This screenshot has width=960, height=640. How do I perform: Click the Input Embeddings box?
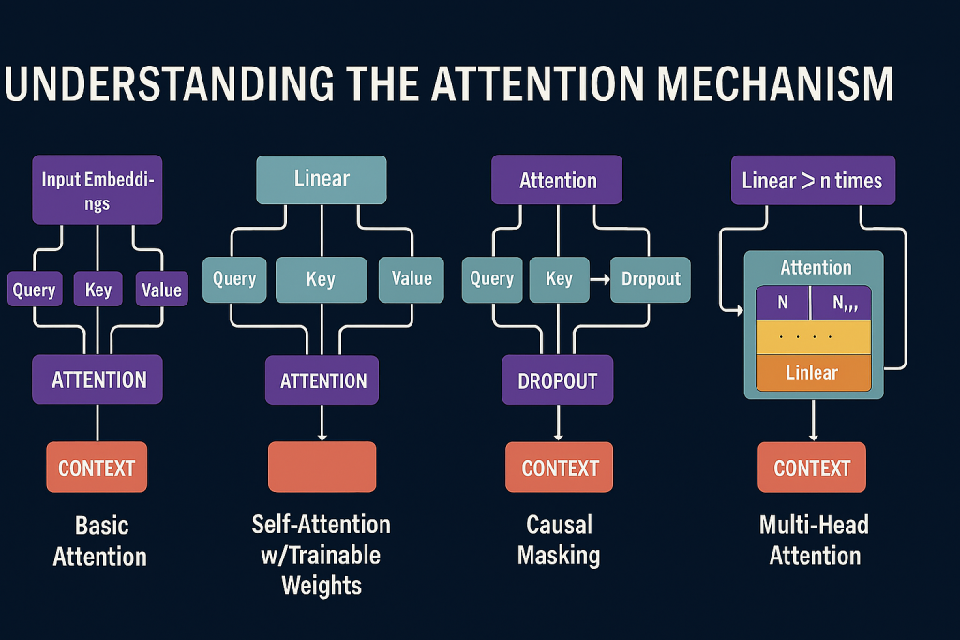[97, 190]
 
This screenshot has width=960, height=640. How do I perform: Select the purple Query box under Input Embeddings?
[34, 289]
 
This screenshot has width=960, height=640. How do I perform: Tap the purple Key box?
[97, 289]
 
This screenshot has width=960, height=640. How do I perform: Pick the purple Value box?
[161, 289]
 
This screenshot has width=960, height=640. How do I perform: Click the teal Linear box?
[322, 179]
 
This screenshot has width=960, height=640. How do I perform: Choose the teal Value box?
[412, 278]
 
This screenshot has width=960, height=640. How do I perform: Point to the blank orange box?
[322, 467]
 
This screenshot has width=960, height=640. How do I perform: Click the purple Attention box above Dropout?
[558, 180]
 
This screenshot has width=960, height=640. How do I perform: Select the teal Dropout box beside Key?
[650, 279]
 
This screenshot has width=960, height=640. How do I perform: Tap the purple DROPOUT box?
[558, 380]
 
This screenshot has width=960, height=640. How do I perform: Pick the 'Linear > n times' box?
[812, 180]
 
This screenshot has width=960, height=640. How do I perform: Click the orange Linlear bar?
[813, 373]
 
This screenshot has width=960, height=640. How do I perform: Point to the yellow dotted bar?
[813, 336]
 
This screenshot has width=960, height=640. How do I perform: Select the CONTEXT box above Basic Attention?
[97, 468]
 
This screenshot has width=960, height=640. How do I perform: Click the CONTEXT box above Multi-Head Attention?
[812, 468]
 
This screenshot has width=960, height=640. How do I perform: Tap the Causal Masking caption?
[560, 539]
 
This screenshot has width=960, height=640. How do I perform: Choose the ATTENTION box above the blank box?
[322, 380]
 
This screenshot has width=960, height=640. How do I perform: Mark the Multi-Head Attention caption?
[814, 539]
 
